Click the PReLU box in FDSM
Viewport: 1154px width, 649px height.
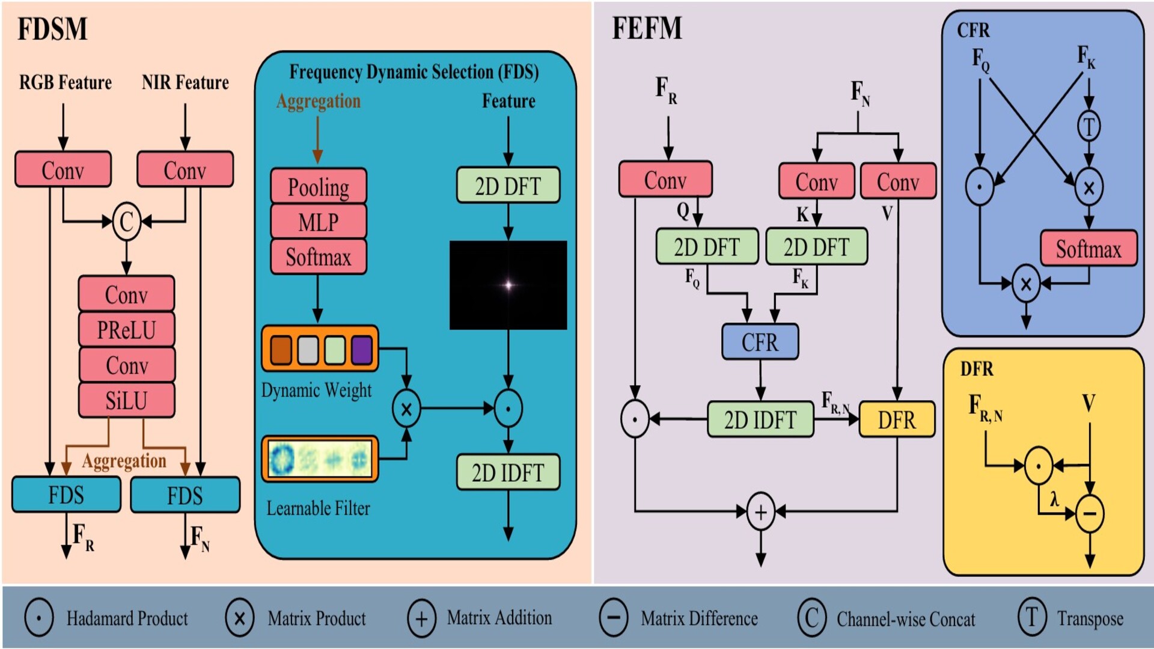126,330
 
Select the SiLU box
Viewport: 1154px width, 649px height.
126,400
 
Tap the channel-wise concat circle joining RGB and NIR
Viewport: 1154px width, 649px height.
126,222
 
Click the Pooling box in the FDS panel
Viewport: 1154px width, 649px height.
318,187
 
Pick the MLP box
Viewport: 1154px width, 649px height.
318,222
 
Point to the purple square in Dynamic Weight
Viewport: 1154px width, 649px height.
361,350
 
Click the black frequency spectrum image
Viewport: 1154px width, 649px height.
508,285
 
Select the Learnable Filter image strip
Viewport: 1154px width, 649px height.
320,459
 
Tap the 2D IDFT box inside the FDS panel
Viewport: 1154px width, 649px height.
508,473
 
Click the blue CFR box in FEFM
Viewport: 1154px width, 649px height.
760,342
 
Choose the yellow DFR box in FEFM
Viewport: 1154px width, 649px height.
897,419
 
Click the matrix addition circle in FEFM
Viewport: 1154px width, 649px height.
760,512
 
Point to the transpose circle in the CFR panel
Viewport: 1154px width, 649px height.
1088,126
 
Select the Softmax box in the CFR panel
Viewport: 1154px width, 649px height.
1088,249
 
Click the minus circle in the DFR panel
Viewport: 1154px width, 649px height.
1090,514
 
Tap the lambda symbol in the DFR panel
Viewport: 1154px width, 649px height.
1054,499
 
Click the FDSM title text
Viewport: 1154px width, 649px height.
52,29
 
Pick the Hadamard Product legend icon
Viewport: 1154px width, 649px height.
39,617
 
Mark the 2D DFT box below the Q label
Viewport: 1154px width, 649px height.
707,247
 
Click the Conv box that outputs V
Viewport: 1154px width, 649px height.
898,181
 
